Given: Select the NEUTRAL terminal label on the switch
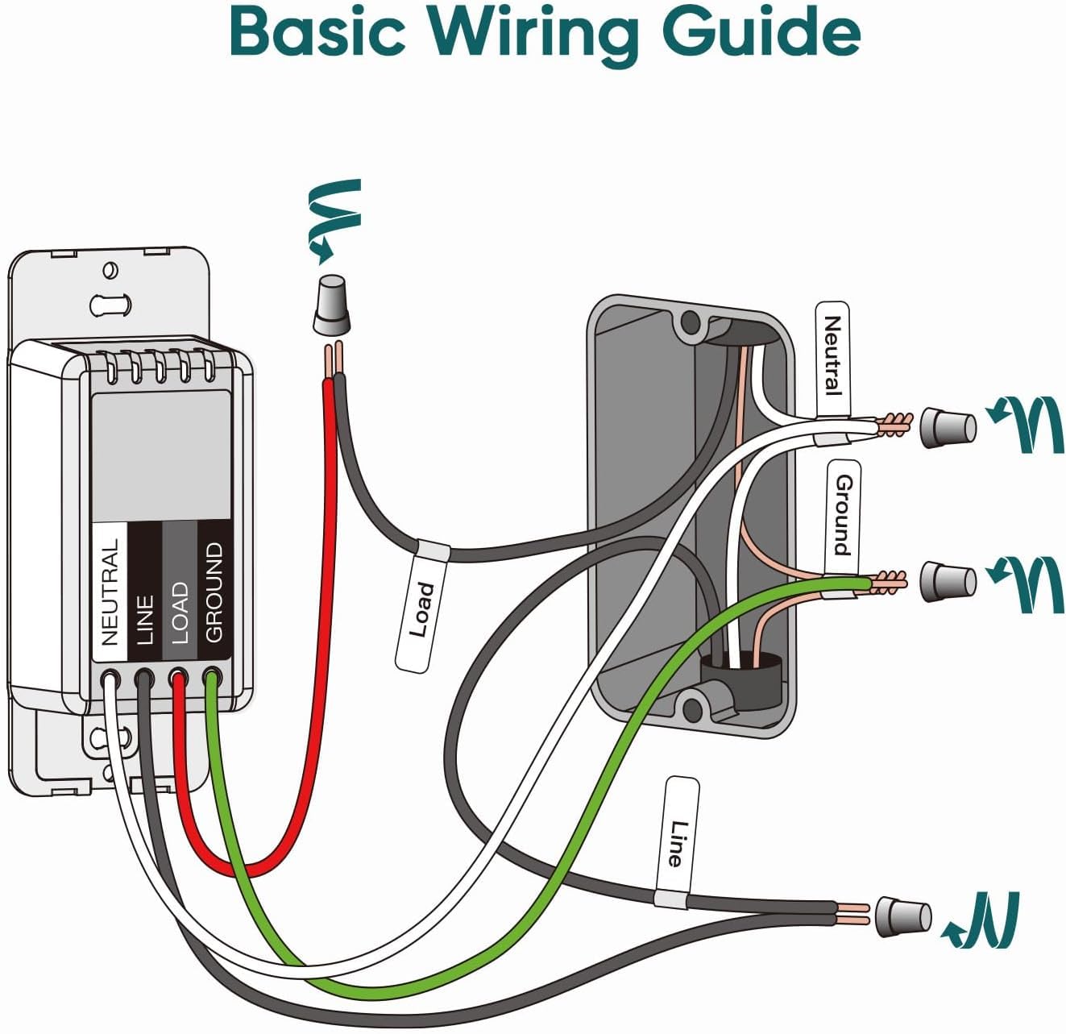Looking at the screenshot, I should (x=110, y=592).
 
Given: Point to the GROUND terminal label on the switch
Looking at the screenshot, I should (x=214, y=592).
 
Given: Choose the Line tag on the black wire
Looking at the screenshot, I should (x=678, y=841).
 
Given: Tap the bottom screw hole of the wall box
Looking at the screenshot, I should (x=692, y=708).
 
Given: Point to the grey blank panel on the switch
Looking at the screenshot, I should (x=161, y=455).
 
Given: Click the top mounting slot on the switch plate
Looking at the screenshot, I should (x=110, y=305).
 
